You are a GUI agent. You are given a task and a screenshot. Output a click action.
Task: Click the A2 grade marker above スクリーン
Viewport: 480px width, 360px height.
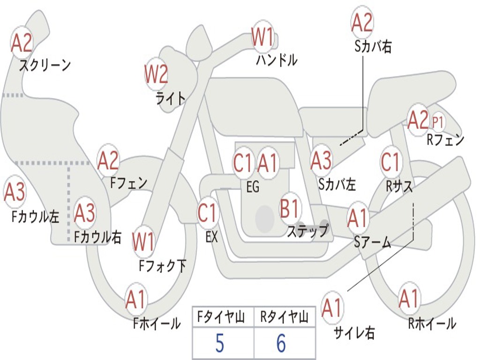pyautogui.click(x=22, y=43)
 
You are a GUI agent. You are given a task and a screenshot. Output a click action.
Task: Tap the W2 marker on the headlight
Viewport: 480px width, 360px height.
pyautogui.click(x=156, y=74)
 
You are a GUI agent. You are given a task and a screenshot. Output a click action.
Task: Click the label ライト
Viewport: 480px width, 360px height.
pyautogui.click(x=171, y=98)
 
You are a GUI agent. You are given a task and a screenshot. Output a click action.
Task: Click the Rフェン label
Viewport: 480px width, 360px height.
pyautogui.click(x=445, y=140)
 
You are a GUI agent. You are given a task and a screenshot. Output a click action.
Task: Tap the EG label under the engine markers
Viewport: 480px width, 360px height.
pyautogui.click(x=253, y=187)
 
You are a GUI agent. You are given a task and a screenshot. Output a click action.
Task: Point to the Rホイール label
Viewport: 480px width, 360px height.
pyautogui.click(x=432, y=323)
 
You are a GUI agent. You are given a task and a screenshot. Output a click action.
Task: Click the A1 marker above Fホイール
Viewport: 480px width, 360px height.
pyautogui.click(x=135, y=300)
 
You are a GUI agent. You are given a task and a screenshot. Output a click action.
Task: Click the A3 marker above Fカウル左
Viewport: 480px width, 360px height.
pyautogui.click(x=15, y=193)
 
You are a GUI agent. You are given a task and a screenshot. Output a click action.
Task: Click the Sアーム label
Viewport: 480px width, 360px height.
pyautogui.click(x=373, y=242)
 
